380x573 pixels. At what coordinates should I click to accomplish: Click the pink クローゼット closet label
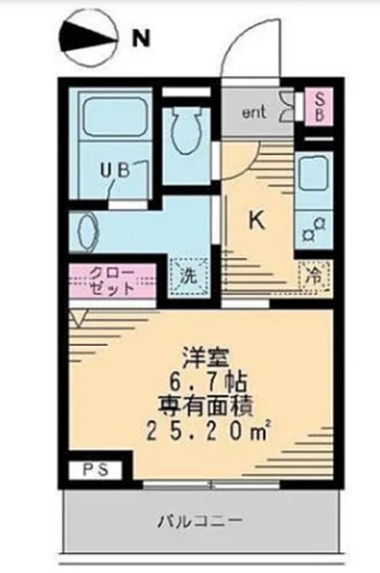(x=112, y=282)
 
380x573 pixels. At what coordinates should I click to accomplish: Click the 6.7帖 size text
(x=204, y=378)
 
